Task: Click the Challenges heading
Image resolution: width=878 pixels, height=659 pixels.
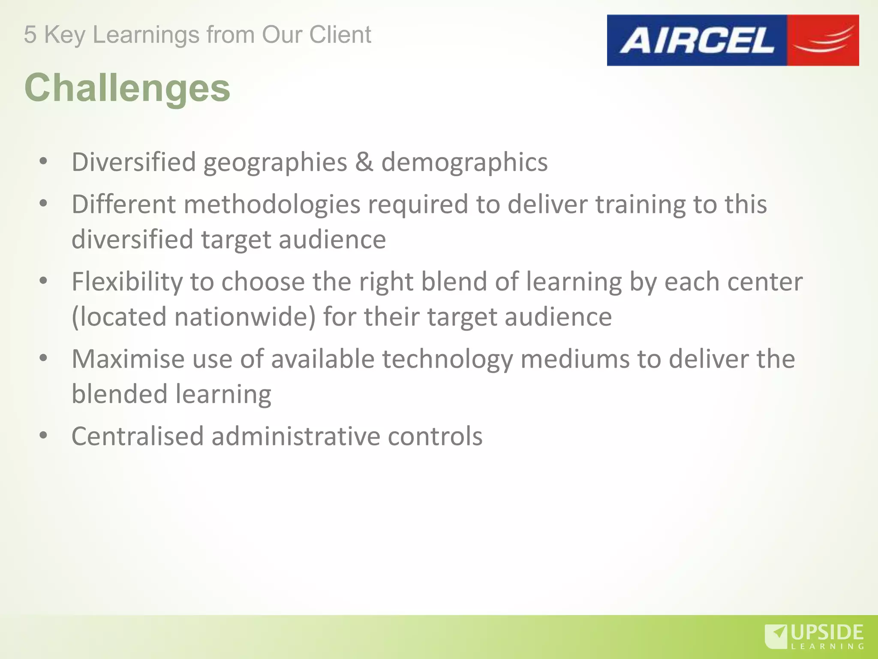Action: (127, 88)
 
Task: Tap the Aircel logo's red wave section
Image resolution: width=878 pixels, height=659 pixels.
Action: (823, 40)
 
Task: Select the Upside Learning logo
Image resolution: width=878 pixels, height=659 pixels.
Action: (814, 637)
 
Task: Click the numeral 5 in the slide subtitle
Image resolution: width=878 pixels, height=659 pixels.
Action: (30, 35)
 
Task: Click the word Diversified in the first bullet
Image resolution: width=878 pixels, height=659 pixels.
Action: (133, 162)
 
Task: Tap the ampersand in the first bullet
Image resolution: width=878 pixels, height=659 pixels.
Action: (364, 162)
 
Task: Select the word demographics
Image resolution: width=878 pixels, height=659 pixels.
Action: (464, 162)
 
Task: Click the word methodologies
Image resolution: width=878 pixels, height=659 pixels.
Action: (272, 204)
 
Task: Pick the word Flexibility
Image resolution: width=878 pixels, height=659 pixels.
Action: (127, 282)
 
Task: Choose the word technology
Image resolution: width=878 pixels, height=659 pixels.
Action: (447, 359)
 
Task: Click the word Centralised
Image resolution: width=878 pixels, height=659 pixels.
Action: (137, 436)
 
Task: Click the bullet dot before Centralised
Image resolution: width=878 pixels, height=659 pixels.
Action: (43, 435)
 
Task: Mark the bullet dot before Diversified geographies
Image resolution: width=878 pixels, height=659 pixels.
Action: (43, 161)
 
